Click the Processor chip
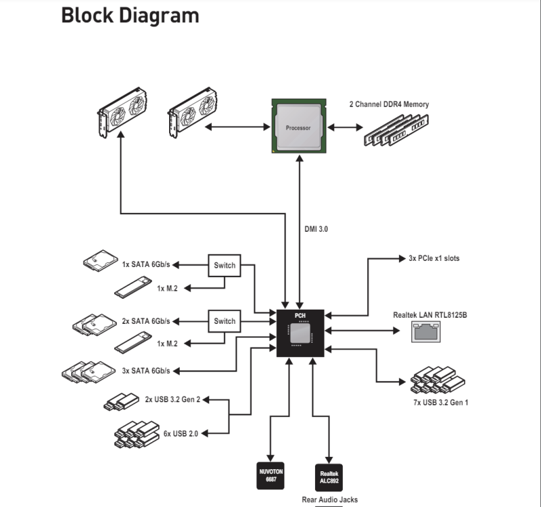pyautogui.click(x=299, y=126)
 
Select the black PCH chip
pyautogui.click(x=300, y=333)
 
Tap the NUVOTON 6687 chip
pyautogui.click(x=270, y=476)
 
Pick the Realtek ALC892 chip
pyautogui.click(x=329, y=477)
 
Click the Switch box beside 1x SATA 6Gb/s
pyautogui.click(x=225, y=265)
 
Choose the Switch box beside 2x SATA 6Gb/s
pyautogui.click(x=225, y=321)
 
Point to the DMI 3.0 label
pyautogui.click(x=316, y=229)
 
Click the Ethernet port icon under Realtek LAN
pyautogui.click(x=426, y=331)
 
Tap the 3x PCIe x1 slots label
pyautogui.click(x=434, y=258)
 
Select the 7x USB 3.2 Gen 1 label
pyautogui.click(x=441, y=402)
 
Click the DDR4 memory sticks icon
pyautogui.click(x=396, y=130)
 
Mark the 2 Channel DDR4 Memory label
pyautogui.click(x=389, y=104)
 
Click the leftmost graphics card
pyautogui.click(x=122, y=112)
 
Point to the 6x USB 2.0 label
pyautogui.click(x=181, y=433)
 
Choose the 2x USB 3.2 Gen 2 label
pyautogui.click(x=172, y=400)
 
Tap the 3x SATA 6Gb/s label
pyautogui.click(x=146, y=370)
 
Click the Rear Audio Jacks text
pyautogui.click(x=329, y=500)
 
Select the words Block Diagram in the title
pyautogui.click(x=130, y=16)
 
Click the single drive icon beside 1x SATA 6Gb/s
pyautogui.click(x=100, y=261)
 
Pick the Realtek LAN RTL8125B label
pyautogui.click(x=430, y=315)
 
